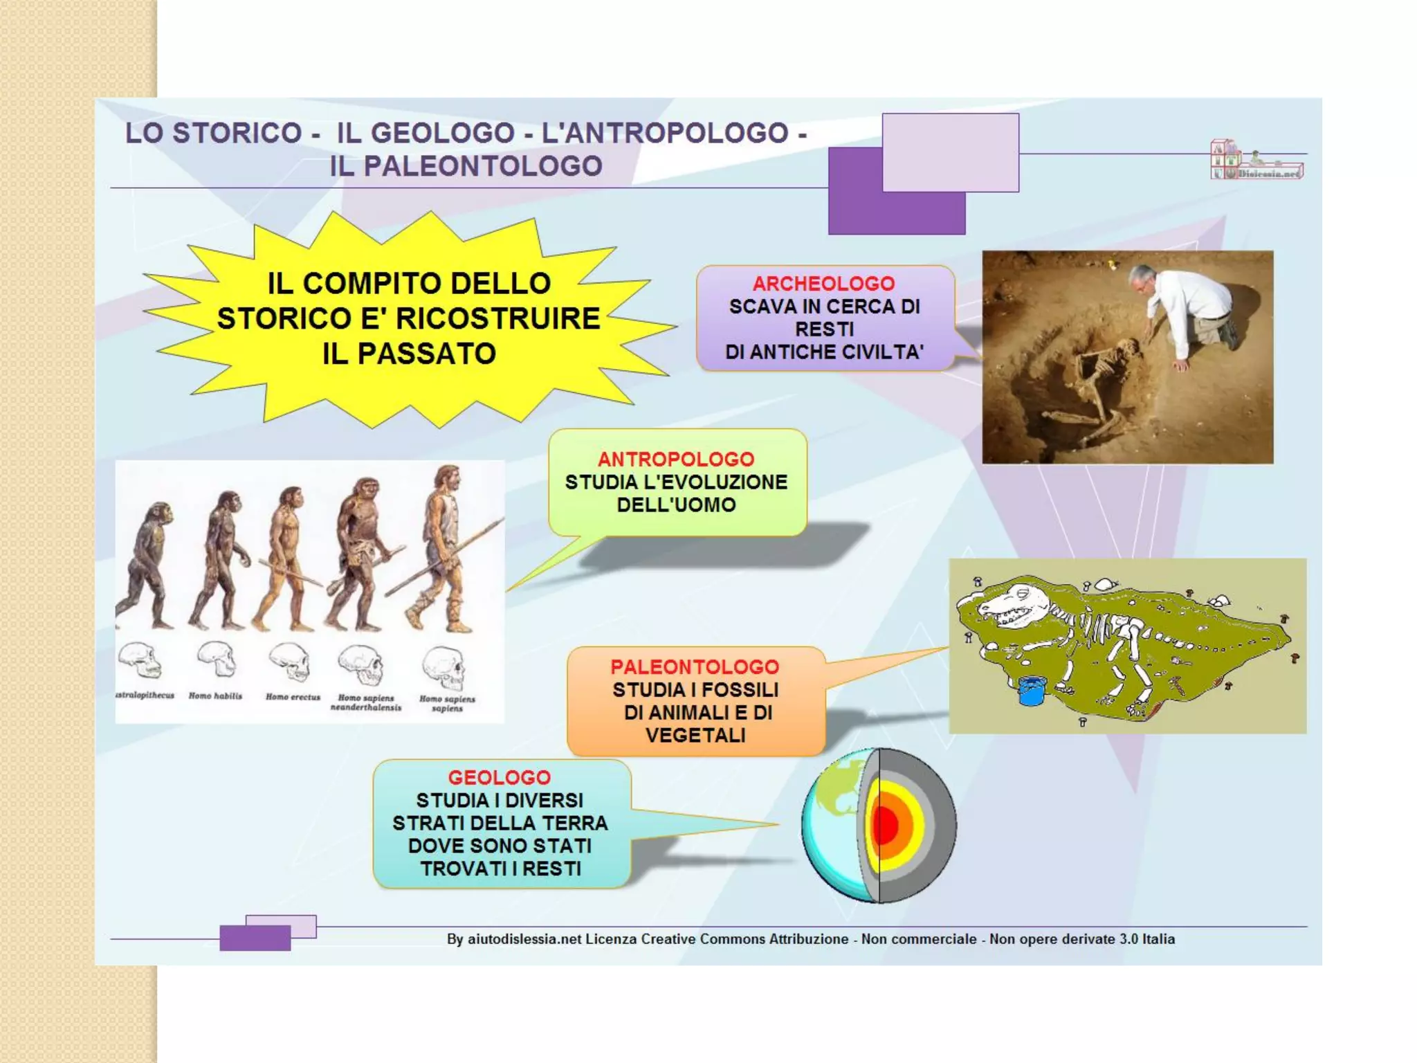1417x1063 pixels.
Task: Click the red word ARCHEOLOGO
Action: (823, 284)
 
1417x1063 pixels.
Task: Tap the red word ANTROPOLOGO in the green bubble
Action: (676, 459)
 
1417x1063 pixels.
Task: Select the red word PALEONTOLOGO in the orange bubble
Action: (695, 666)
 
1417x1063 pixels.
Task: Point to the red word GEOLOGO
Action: (499, 777)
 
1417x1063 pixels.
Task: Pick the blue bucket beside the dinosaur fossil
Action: (1031, 691)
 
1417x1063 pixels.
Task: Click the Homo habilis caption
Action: (215, 696)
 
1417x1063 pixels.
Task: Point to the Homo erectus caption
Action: (293, 697)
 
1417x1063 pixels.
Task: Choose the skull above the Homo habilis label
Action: (217, 660)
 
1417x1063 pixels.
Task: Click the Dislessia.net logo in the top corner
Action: (1256, 161)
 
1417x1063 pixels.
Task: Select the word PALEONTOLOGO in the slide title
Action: (466, 166)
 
